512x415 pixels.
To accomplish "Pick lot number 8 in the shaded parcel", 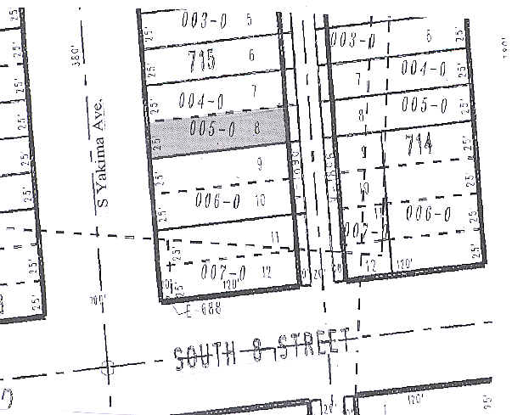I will click(x=256, y=130).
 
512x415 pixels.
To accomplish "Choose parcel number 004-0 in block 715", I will click(x=201, y=100).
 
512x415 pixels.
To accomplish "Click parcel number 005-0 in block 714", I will click(x=425, y=106).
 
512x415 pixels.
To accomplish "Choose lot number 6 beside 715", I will click(x=251, y=56).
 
